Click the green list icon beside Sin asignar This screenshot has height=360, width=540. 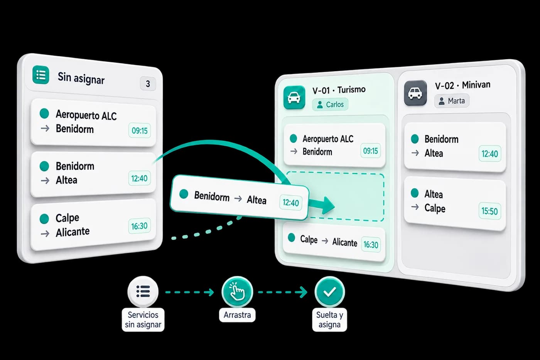pyautogui.click(x=41, y=75)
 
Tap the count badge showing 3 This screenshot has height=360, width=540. pyautogui.click(x=148, y=84)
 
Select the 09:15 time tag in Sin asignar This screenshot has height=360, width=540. pyautogui.click(x=140, y=130)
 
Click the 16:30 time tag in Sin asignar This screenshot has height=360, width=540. pyautogui.click(x=139, y=226)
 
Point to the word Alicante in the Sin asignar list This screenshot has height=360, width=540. pyautogui.click(x=73, y=232)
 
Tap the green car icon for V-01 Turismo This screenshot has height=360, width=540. pyautogui.click(x=294, y=97)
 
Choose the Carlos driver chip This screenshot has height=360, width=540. pyautogui.click(x=330, y=105)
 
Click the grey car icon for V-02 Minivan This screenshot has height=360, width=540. pyautogui.click(x=415, y=93)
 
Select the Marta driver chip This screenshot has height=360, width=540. pyautogui.click(x=452, y=101)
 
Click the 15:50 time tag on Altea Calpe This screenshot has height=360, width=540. pyautogui.click(x=489, y=211)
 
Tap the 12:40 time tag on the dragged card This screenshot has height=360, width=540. pyautogui.click(x=291, y=203)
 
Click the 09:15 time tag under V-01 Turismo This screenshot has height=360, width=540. pyautogui.click(x=371, y=151)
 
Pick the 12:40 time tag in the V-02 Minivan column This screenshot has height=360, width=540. pyautogui.click(x=489, y=154)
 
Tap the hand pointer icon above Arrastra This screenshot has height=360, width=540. pyautogui.click(x=237, y=292)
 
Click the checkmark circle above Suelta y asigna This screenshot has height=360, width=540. pyautogui.click(x=329, y=292)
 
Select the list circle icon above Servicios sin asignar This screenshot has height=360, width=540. pyautogui.click(x=143, y=291)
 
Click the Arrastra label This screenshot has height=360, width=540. pyautogui.click(x=237, y=315)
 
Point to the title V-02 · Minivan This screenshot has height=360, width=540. pyautogui.click(x=462, y=85)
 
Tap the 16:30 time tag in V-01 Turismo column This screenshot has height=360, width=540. pyautogui.click(x=371, y=245)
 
